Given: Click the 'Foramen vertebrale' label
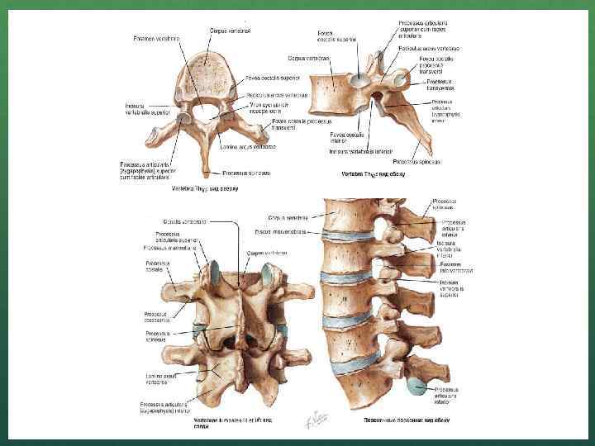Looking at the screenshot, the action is point(157,37).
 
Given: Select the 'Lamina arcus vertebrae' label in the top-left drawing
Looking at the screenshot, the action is point(248,147).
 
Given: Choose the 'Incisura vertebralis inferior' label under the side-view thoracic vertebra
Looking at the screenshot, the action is point(359,152).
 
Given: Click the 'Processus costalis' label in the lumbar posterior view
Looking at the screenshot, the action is point(158,268).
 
